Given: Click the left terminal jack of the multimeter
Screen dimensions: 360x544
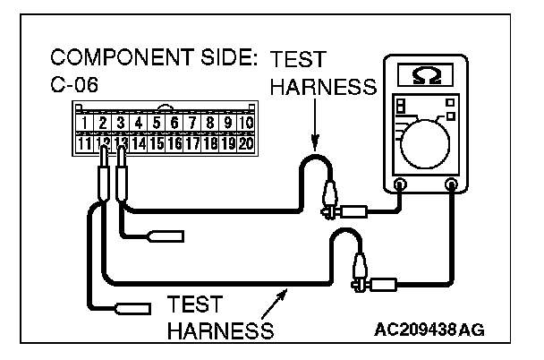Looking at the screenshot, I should pyautogui.click(x=400, y=185).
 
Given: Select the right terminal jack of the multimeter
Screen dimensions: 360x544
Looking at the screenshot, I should pyautogui.click(x=451, y=185).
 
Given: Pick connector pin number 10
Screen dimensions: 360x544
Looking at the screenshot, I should pyautogui.click(x=246, y=123).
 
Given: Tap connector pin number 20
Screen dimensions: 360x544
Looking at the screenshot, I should pyautogui.click(x=246, y=142).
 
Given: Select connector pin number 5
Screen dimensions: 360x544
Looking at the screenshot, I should pyautogui.click(x=156, y=123).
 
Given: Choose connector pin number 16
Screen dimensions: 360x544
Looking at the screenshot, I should pyautogui.click(x=174, y=142).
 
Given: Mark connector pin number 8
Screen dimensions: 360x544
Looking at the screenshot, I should pyautogui.click(x=210, y=123).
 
